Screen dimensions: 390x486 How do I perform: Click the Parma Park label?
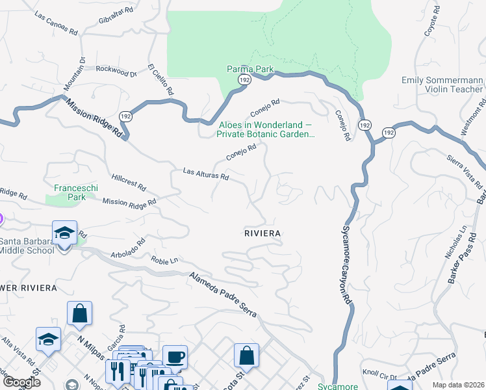249,69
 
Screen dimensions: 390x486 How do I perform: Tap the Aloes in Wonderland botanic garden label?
265,130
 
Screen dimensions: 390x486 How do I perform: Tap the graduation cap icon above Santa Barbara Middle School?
65,233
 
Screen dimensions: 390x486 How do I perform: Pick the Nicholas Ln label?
454,242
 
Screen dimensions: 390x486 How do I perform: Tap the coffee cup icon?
175,357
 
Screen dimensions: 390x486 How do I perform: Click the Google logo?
21,382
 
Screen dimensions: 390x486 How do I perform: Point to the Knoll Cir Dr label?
379,375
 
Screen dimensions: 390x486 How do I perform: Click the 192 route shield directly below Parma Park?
244,79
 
